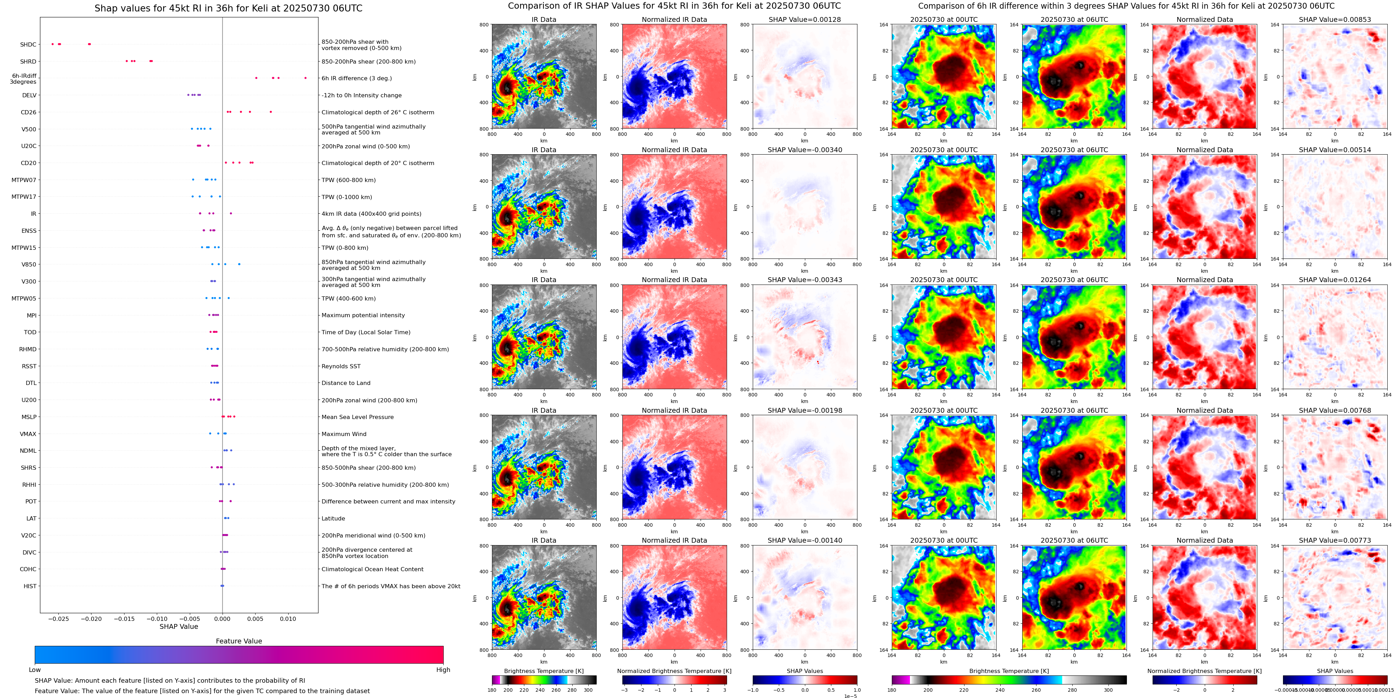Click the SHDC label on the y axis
point(28,45)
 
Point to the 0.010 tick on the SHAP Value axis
point(288,619)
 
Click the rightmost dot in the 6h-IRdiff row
point(305,78)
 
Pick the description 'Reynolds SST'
point(340,367)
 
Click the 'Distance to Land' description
point(346,383)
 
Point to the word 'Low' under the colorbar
point(35,670)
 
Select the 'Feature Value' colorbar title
point(239,641)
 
